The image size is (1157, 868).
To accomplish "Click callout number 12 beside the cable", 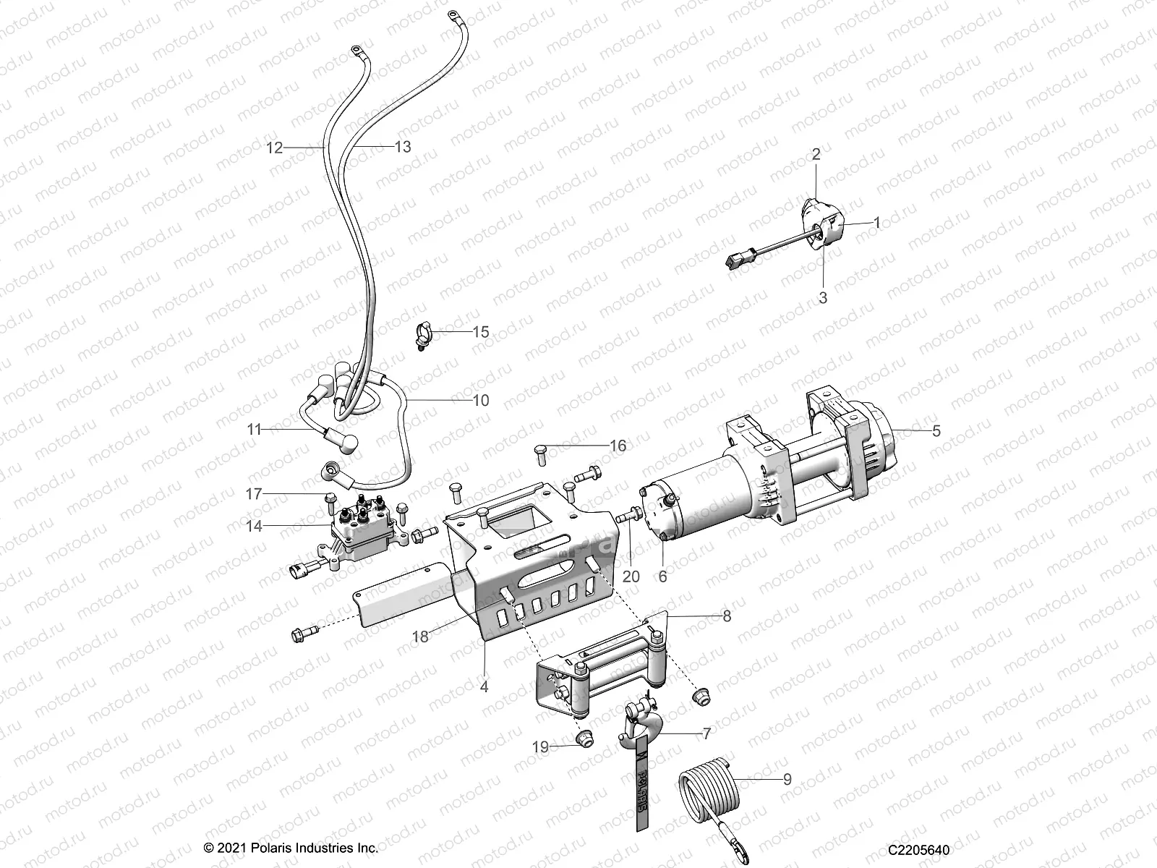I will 274,148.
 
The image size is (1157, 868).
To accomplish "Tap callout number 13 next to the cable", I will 402,148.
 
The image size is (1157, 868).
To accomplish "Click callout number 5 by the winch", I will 936,431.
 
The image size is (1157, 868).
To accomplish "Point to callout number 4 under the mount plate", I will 484,687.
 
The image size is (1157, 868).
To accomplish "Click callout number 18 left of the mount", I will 420,636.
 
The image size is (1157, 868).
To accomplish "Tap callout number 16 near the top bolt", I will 618,446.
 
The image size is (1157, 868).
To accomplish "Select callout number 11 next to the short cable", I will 254,430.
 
